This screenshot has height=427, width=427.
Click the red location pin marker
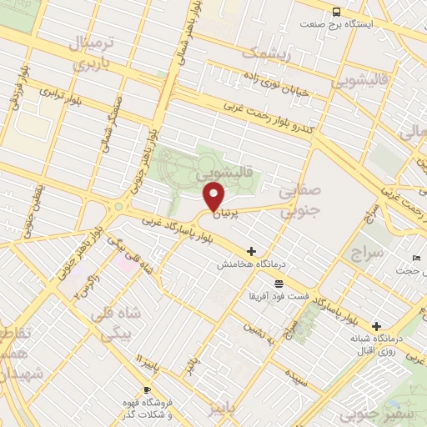pyautogui.click(x=214, y=197)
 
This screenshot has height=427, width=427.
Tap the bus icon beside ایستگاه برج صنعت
pyautogui.click(x=336, y=12)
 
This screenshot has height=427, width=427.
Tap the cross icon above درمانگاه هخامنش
pyautogui.click(x=251, y=250)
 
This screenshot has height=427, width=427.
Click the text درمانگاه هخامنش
pyautogui.click(x=251, y=264)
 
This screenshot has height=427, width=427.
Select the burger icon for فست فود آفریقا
pyautogui.click(x=278, y=284)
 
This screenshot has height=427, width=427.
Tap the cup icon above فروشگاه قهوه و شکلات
pyautogui.click(x=148, y=389)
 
